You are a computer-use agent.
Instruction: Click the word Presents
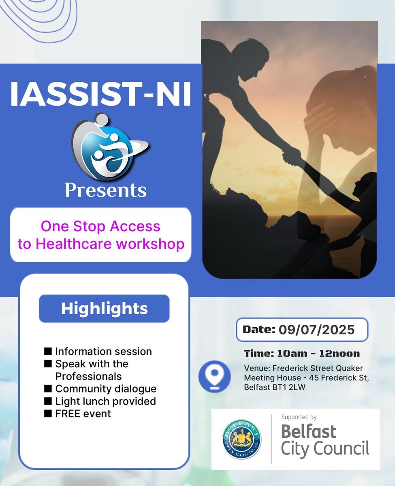(x=106, y=190)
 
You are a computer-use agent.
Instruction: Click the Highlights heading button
(x=104, y=309)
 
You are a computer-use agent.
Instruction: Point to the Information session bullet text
(x=103, y=351)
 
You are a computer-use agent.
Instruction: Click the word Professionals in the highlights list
(x=88, y=376)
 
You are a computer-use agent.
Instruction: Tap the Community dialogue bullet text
(x=106, y=389)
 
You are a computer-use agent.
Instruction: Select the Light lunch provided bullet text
(x=105, y=401)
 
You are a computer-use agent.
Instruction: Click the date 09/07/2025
(x=316, y=329)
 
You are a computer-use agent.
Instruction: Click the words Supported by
(x=299, y=417)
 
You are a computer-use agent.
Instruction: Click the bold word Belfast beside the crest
(x=308, y=432)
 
